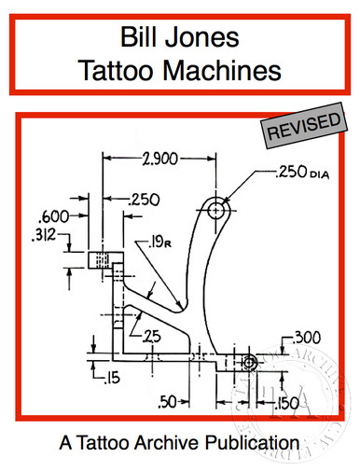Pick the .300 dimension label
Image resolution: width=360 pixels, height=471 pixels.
click(308, 337)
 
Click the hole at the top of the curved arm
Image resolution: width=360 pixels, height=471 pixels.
click(217, 211)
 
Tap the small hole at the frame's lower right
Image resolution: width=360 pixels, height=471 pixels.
click(249, 361)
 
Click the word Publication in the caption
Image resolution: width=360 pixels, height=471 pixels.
click(258, 437)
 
